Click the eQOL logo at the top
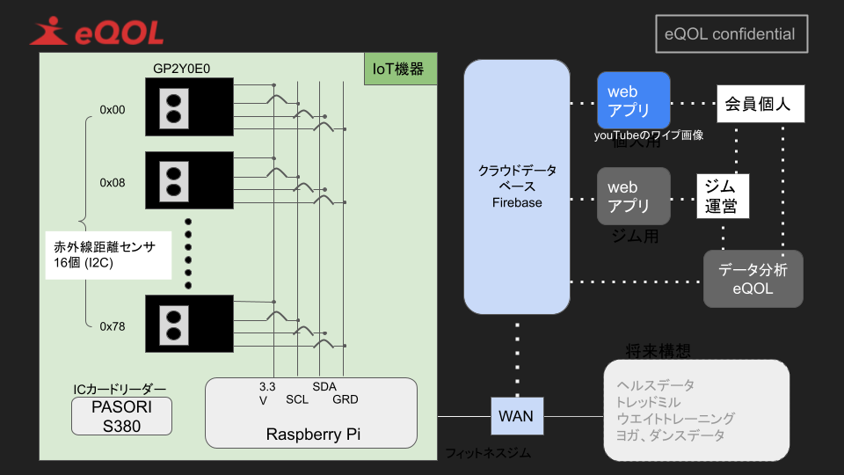pyautogui.click(x=97, y=33)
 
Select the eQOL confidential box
pyautogui.click(x=731, y=34)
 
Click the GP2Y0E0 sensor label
pyautogui.click(x=181, y=69)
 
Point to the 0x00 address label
pyautogui.click(x=113, y=110)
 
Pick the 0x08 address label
pyautogui.click(x=113, y=183)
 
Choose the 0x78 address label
pyautogui.click(x=113, y=325)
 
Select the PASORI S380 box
pyautogui.click(x=121, y=416)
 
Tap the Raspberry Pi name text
pyautogui.click(x=313, y=435)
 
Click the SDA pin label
pyautogui.click(x=324, y=386)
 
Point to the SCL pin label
pyautogui.click(x=297, y=399)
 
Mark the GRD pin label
pyautogui.click(x=346, y=399)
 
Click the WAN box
pyautogui.click(x=516, y=415)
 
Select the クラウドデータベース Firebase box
pyautogui.click(x=517, y=186)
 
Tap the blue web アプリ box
pyautogui.click(x=633, y=101)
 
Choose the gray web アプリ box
pyautogui.click(x=633, y=196)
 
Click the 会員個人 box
pyautogui.click(x=758, y=104)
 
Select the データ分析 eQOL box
pyautogui.click(x=753, y=279)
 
